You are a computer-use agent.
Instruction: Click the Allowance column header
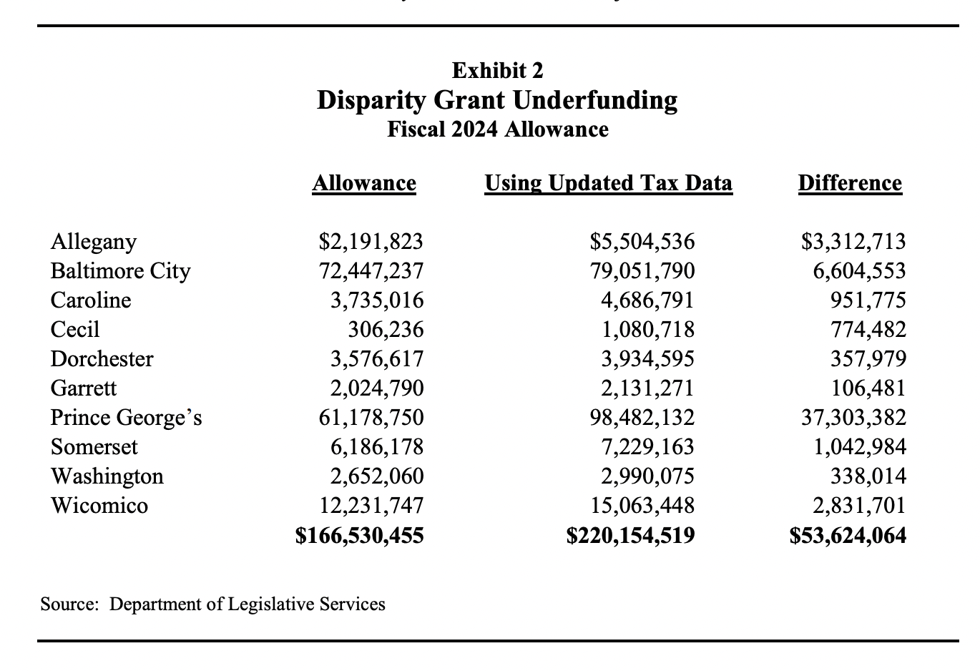point(364,184)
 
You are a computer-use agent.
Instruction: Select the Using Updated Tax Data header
point(608,184)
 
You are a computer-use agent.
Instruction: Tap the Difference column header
point(849,184)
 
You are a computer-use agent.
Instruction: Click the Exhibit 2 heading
point(497,71)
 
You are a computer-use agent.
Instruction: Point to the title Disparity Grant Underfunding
point(497,100)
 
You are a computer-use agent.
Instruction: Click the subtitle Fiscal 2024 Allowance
point(497,130)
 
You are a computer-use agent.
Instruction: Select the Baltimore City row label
point(120,271)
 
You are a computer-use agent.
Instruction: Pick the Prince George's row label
point(126,418)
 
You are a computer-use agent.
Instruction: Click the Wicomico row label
point(99,506)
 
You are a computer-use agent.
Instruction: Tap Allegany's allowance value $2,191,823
point(371,242)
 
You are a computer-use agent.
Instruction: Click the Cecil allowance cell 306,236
point(386,330)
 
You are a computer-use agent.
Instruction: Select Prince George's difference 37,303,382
point(853,418)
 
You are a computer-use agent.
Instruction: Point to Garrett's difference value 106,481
point(868,388)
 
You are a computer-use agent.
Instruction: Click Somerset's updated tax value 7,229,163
point(647,447)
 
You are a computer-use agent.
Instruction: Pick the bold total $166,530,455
point(359,536)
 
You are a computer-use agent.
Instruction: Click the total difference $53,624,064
point(848,536)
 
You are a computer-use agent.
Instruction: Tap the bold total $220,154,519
point(630,536)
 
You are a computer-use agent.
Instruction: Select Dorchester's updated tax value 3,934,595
point(647,359)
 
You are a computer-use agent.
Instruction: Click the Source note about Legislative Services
point(212,604)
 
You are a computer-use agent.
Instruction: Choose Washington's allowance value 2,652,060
point(376,476)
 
